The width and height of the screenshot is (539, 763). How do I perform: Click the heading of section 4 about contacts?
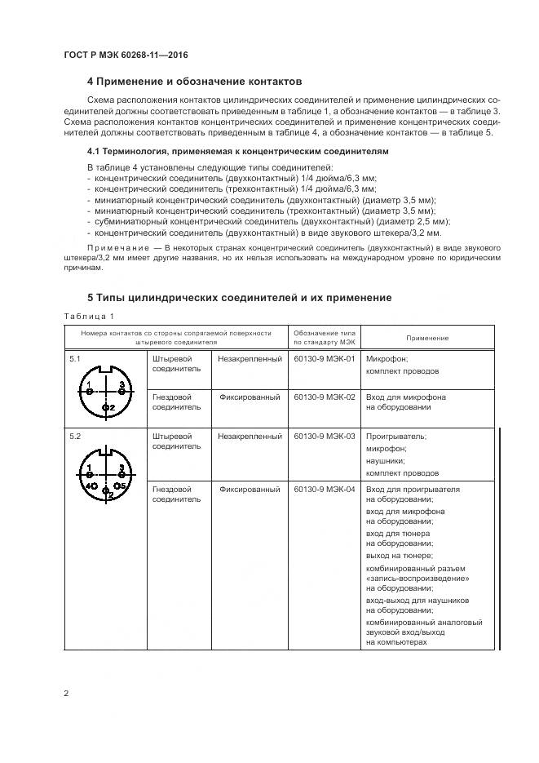[x=194, y=82]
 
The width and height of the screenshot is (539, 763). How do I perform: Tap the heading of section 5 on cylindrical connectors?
[x=239, y=298]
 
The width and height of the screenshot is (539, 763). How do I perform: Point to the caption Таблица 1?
[x=88, y=317]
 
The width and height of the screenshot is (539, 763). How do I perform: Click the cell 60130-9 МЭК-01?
[x=324, y=358]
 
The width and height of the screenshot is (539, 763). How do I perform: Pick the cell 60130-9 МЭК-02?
[x=324, y=397]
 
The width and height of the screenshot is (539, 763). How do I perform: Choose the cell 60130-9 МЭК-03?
[x=324, y=437]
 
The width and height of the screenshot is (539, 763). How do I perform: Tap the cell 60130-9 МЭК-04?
[x=324, y=489]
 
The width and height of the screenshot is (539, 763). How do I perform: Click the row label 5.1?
[x=75, y=358]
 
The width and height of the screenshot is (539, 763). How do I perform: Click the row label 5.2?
[x=75, y=437]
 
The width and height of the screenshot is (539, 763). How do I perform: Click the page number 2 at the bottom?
[x=66, y=694]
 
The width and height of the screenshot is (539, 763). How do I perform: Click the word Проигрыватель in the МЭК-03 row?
[x=396, y=437]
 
